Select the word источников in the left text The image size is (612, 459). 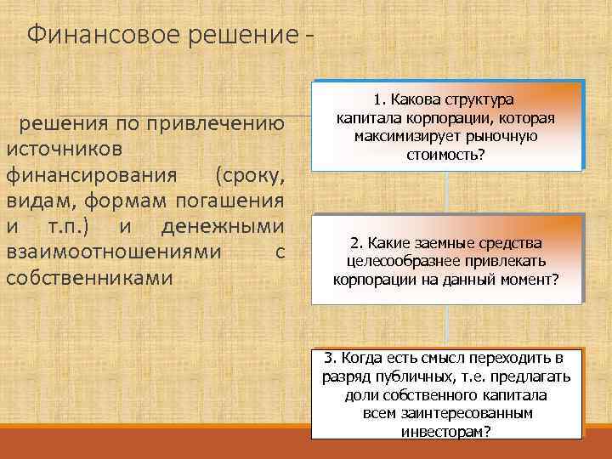click(x=64, y=149)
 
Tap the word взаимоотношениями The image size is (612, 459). click(x=115, y=252)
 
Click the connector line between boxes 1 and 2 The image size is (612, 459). click(x=447, y=191)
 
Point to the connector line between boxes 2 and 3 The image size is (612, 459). click(x=447, y=326)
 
